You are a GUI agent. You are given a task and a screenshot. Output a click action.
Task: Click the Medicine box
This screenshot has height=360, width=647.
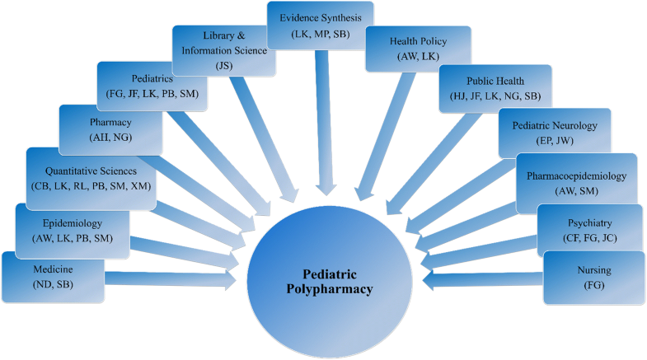point(53,276)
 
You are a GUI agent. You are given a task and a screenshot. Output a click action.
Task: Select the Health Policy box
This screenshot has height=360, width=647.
point(419,49)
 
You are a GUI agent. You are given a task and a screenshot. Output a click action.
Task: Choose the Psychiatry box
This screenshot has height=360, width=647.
point(589,229)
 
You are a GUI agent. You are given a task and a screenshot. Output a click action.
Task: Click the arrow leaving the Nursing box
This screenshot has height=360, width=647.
point(482,281)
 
